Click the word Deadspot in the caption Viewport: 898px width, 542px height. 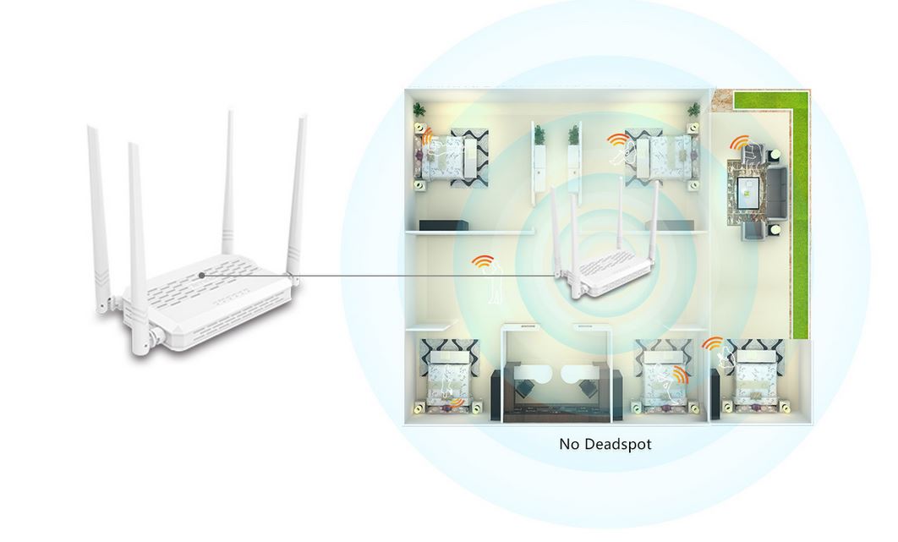click(619, 443)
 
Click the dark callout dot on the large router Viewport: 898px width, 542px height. click(202, 274)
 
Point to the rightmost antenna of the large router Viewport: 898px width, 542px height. click(297, 194)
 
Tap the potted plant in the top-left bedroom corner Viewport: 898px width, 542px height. click(419, 110)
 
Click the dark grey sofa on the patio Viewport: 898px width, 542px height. click(775, 193)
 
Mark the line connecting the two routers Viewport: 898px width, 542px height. click(381, 275)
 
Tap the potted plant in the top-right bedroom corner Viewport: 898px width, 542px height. click(694, 110)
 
